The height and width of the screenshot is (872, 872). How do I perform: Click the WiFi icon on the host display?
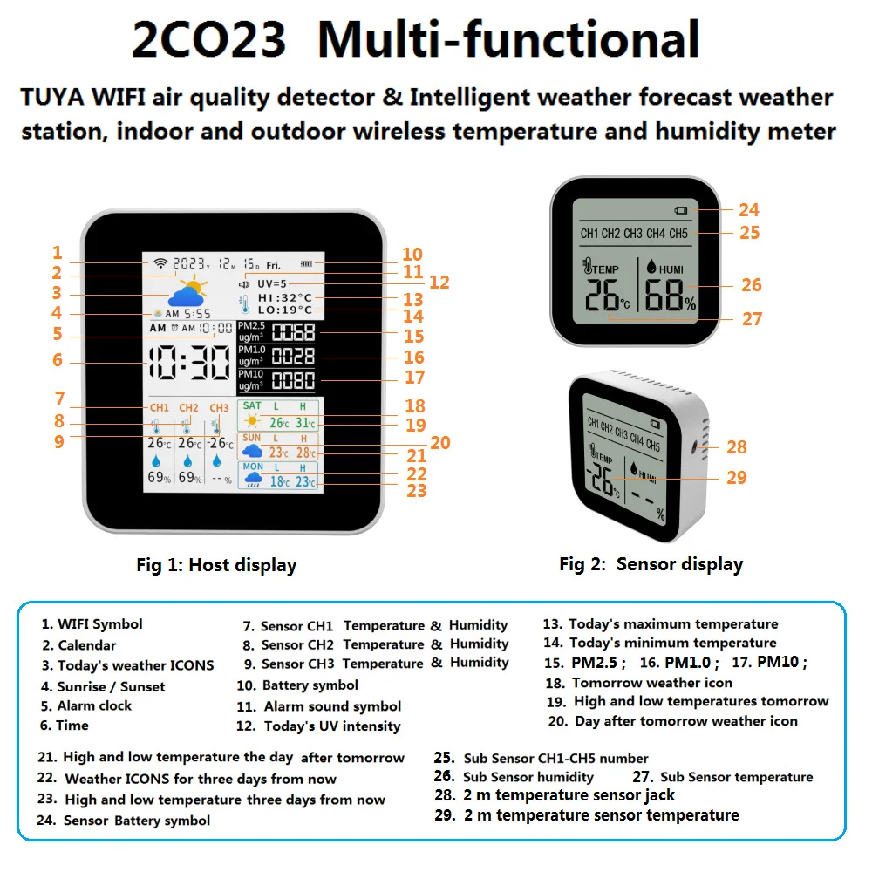(160, 263)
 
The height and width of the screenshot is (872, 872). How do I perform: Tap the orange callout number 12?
(439, 283)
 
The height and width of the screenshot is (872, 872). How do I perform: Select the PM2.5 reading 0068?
(293, 332)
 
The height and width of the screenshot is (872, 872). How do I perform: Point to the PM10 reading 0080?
(293, 381)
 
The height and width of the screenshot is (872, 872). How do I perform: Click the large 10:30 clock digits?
(189, 363)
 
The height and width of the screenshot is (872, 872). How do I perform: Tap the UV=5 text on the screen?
(271, 283)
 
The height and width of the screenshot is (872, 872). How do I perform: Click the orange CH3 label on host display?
(219, 407)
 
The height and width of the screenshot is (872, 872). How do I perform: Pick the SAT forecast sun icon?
(252, 421)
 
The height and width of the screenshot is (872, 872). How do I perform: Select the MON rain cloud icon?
(253, 479)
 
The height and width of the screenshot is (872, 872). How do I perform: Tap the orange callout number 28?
(736, 447)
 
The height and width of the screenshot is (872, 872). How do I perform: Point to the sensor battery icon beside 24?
(681, 210)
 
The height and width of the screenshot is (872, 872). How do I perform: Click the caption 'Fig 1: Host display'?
(216, 565)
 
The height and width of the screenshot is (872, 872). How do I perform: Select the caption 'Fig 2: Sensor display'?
(651, 564)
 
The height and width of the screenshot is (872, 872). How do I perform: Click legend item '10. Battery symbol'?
(297, 685)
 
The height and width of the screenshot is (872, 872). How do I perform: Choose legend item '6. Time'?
(64, 726)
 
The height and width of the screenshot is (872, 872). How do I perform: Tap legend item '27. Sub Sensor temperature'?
(722, 777)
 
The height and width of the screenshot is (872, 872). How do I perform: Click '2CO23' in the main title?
(208, 39)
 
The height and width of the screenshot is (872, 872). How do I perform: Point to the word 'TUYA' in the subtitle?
(52, 98)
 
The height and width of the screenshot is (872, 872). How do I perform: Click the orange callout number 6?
(58, 360)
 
